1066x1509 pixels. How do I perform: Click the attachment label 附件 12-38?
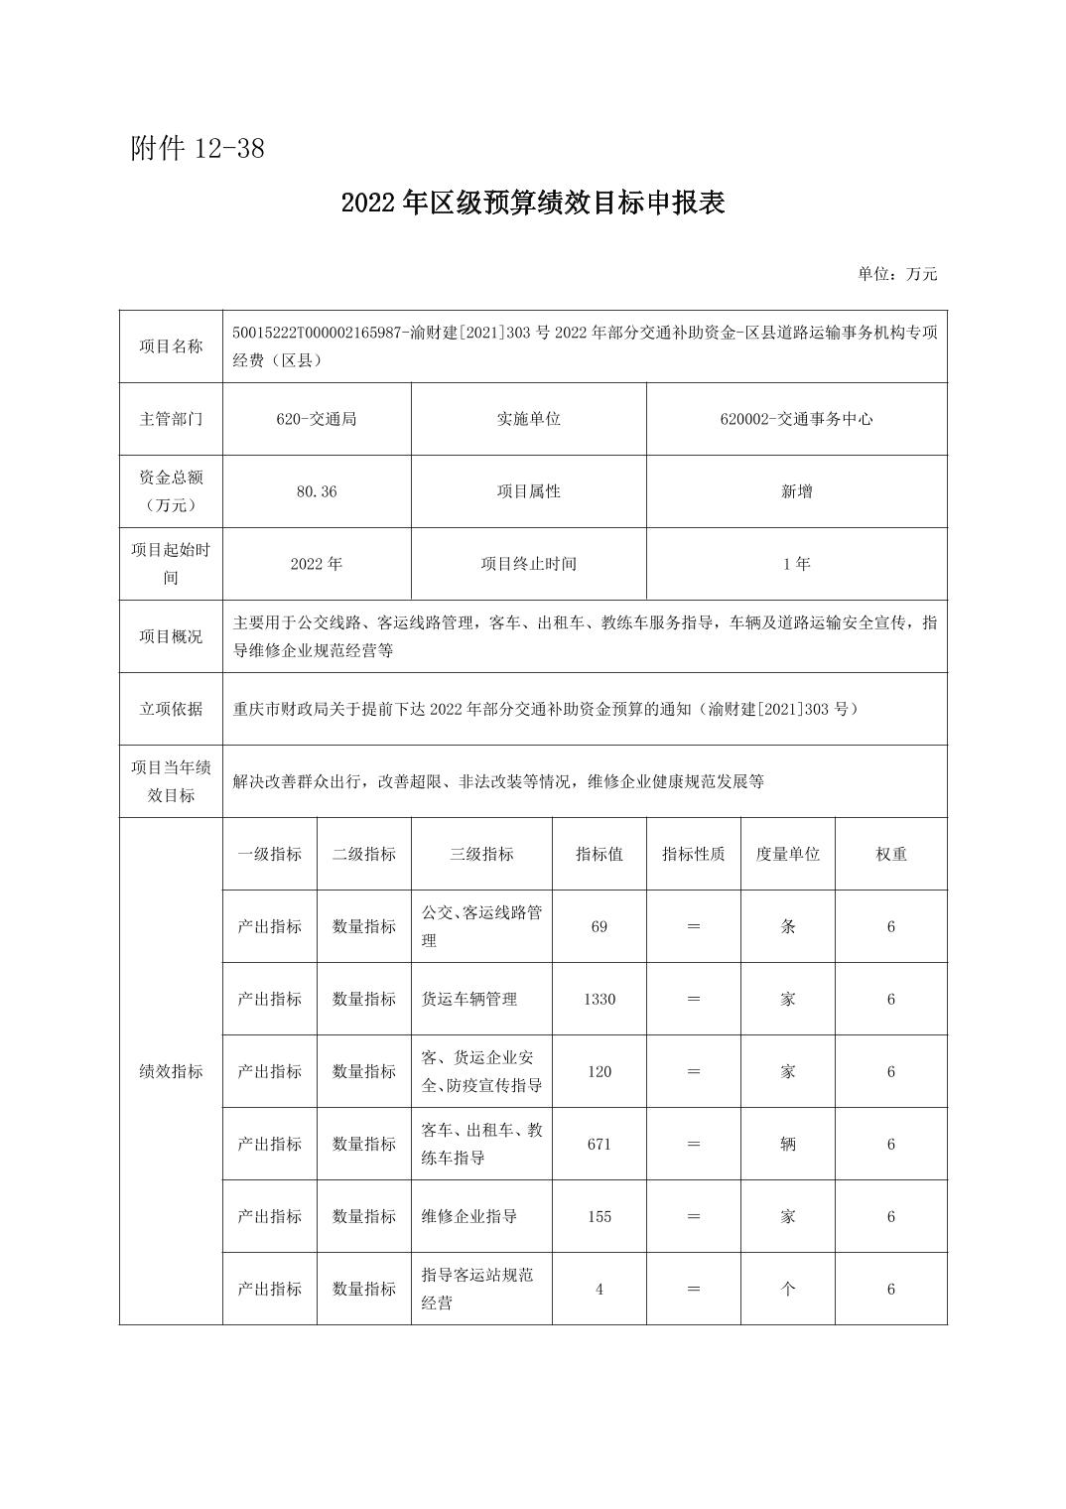pos(198,149)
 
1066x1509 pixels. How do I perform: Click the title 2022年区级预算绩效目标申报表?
pos(533,203)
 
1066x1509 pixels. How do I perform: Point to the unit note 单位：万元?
pos(897,274)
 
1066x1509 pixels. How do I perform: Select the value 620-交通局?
pos(317,419)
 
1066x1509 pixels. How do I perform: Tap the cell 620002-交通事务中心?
pos(796,419)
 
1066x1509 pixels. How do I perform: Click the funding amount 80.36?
pos(317,491)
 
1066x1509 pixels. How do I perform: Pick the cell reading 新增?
pos(796,491)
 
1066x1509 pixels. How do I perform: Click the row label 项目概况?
pos(171,636)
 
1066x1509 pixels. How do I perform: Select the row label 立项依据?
pos(171,709)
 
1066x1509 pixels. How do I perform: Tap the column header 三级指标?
pos(481,854)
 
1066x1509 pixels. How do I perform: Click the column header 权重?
pos(890,854)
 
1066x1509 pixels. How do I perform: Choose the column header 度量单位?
pos(787,854)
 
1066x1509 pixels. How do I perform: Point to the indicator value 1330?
pos(599,999)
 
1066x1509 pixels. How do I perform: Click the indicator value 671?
pos(599,1144)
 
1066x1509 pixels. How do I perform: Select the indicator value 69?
pos(599,926)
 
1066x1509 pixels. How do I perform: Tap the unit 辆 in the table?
pos(787,1144)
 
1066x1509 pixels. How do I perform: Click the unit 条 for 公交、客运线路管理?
pos(787,926)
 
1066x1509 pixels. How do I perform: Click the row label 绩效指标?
pos(171,1071)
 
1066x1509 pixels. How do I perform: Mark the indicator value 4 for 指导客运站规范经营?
pos(599,1289)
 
